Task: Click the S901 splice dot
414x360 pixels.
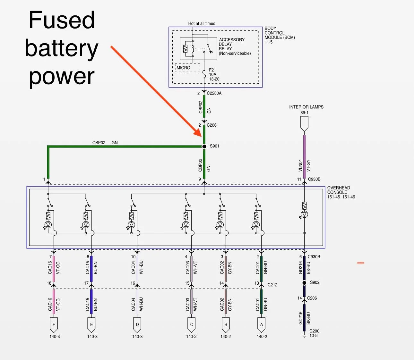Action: pyautogui.click(x=204, y=147)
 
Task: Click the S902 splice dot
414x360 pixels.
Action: pyautogui.click(x=304, y=283)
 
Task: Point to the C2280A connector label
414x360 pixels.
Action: pyautogui.click(x=214, y=93)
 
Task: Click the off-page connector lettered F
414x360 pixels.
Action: pyautogui.click(x=54, y=325)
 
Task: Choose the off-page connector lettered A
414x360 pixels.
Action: pyautogui.click(x=262, y=325)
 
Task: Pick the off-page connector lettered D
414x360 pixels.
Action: pyautogui.click(x=137, y=325)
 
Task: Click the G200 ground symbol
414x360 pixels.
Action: pyautogui.click(x=304, y=336)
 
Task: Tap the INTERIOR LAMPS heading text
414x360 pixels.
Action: pyautogui.click(x=306, y=107)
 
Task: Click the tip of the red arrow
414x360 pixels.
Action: pyautogui.click(x=201, y=137)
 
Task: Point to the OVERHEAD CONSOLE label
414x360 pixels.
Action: pyautogui.click(x=339, y=190)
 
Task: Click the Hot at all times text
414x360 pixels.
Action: pyautogui.click(x=202, y=23)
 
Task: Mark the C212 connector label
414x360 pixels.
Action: pyautogui.click(x=272, y=285)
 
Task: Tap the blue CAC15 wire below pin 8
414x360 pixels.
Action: pyautogui.click(x=91, y=269)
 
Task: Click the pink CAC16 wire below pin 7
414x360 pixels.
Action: pyautogui.click(x=54, y=269)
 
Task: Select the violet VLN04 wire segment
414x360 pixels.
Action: pyautogui.click(x=304, y=157)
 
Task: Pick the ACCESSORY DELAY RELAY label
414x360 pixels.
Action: pyautogui.click(x=232, y=44)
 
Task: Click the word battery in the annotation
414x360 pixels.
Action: pyautogui.click(x=62, y=48)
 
